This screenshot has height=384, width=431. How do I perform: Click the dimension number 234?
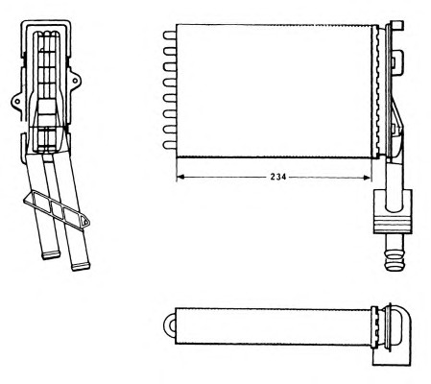pyautogui.click(x=278, y=177)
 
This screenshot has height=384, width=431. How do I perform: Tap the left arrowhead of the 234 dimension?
pyautogui.click(x=180, y=177)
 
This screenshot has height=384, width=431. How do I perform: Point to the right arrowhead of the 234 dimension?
pyautogui.click(x=367, y=177)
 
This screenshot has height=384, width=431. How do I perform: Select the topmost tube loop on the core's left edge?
pyautogui.click(x=170, y=36)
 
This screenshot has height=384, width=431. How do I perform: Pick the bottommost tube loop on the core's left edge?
pyautogui.click(x=170, y=145)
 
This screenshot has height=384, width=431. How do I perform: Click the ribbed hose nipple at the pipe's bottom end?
pyautogui.click(x=395, y=256)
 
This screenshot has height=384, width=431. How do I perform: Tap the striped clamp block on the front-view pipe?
pyautogui.click(x=393, y=224)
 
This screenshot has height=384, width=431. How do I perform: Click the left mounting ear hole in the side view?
pyautogui.click(x=16, y=102)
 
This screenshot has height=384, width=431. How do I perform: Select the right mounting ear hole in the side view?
pyautogui.click(x=75, y=81)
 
